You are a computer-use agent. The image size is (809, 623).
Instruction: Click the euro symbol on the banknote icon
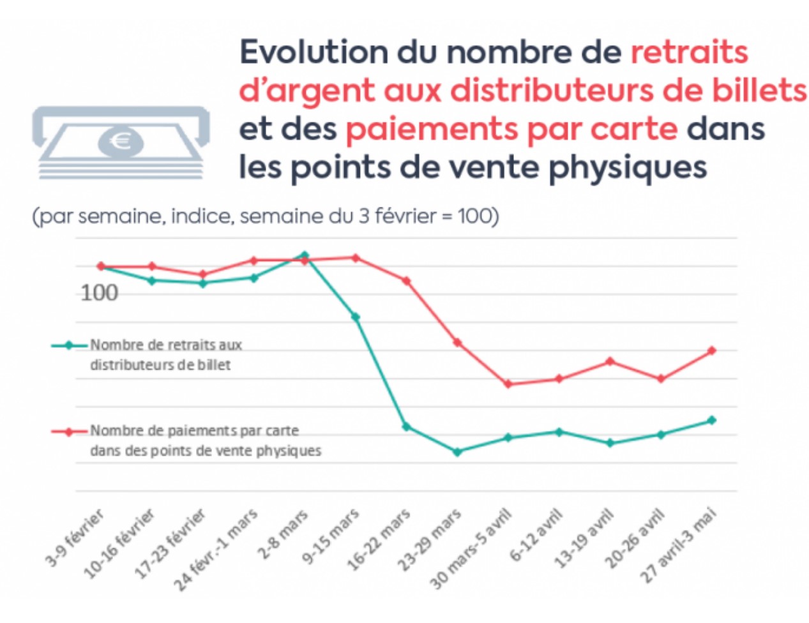(x=120, y=140)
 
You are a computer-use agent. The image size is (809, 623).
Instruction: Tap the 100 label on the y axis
(x=100, y=293)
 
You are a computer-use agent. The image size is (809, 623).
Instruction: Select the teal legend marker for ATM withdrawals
(x=69, y=345)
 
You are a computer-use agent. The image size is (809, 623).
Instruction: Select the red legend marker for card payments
(x=69, y=432)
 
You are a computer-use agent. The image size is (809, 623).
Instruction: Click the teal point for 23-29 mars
(x=457, y=451)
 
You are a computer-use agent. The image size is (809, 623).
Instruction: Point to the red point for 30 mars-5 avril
(x=508, y=384)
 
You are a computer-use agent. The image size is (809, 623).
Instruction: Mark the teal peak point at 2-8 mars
(x=305, y=255)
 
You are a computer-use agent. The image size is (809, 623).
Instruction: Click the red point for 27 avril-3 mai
(x=712, y=350)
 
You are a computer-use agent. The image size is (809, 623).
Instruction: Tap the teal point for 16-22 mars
(x=406, y=426)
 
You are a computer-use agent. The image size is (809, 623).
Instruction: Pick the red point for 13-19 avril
(x=610, y=361)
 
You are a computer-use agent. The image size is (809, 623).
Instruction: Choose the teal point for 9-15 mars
(x=356, y=317)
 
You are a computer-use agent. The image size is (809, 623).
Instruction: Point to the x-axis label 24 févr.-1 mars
(x=217, y=548)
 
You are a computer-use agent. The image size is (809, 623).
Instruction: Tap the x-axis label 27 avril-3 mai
(x=678, y=545)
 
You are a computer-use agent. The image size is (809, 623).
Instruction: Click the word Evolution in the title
(x=313, y=52)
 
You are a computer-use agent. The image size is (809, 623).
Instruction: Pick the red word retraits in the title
(x=689, y=52)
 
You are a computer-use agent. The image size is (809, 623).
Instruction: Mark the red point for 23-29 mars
(x=457, y=343)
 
